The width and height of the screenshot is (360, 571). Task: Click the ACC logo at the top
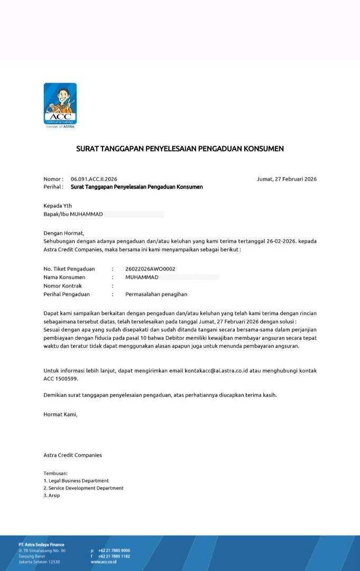60,104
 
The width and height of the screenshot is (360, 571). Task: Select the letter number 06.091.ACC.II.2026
94,179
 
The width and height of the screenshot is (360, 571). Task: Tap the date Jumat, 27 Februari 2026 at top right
287,179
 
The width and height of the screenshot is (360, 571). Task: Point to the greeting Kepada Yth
58,206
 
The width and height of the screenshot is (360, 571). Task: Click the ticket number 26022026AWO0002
151,269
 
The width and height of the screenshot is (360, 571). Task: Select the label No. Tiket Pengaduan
69,269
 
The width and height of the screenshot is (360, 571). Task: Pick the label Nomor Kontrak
62,285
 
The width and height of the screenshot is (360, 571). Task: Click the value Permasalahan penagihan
156,294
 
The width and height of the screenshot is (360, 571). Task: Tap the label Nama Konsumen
64,277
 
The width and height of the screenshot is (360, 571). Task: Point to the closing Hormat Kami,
60,415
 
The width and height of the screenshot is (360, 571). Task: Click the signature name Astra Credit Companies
72,455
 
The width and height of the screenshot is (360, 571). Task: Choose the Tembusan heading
56,473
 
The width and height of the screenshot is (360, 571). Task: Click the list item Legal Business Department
78,481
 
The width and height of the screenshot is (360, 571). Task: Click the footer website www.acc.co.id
104,561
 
